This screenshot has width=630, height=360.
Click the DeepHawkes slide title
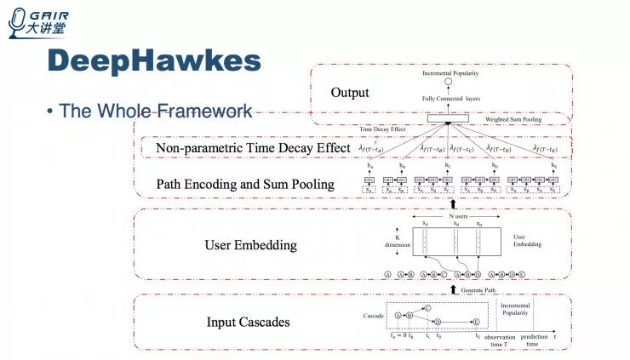(153, 62)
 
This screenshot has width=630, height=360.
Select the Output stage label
(350, 93)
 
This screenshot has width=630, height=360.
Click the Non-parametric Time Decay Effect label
(253, 149)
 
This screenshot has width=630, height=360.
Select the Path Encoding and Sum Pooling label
(245, 184)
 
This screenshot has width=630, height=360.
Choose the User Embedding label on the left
(250, 245)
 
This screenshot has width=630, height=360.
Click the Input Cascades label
(248, 322)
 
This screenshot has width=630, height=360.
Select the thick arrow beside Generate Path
(452, 289)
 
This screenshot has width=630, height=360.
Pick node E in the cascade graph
(477, 322)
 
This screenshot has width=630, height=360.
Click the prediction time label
(534, 340)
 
